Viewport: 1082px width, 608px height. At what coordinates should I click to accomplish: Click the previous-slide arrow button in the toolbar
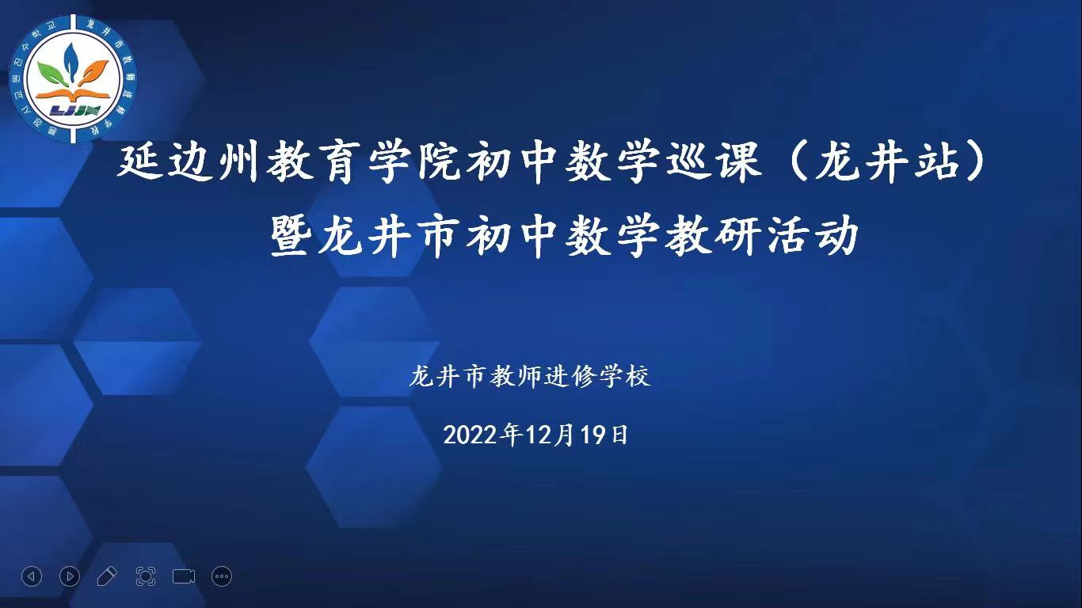coord(32,576)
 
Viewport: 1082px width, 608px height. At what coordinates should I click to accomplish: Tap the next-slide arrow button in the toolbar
coord(70,576)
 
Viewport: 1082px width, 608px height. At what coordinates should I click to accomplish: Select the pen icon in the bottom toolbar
coord(107,576)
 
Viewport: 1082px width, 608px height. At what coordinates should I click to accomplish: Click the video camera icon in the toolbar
coord(184,576)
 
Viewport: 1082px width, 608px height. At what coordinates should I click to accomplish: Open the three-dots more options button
coord(222,576)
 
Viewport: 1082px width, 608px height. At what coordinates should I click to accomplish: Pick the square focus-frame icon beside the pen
coord(146,576)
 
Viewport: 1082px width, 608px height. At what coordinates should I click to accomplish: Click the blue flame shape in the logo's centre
coord(72,59)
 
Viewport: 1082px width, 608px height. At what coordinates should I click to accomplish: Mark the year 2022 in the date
coord(472,435)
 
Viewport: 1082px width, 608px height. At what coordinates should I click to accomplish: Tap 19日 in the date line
coord(610,435)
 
